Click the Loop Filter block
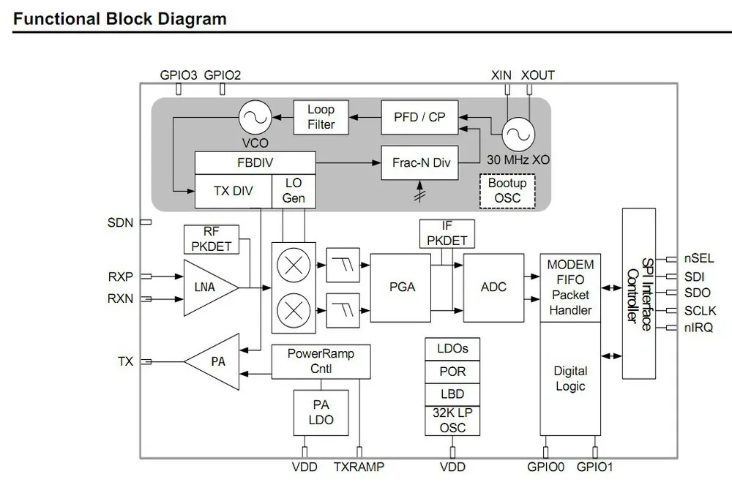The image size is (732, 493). coord(321,117)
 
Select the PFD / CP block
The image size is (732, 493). coord(419,117)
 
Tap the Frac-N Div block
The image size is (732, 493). coord(421,163)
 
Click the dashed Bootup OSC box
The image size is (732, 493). coord(507,189)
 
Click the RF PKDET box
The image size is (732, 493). coord(212,239)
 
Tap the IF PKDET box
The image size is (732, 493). coord(447,233)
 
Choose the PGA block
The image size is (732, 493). coord(402,287)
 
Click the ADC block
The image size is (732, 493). coord(493,287)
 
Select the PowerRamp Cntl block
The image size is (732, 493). coord(321,361)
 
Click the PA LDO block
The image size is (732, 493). coord(321,412)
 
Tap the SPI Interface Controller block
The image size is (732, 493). coord(638,293)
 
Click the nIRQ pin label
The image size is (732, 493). coord(698,328)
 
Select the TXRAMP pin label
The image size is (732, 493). coord(359,467)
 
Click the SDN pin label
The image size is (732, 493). coord(120,222)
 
